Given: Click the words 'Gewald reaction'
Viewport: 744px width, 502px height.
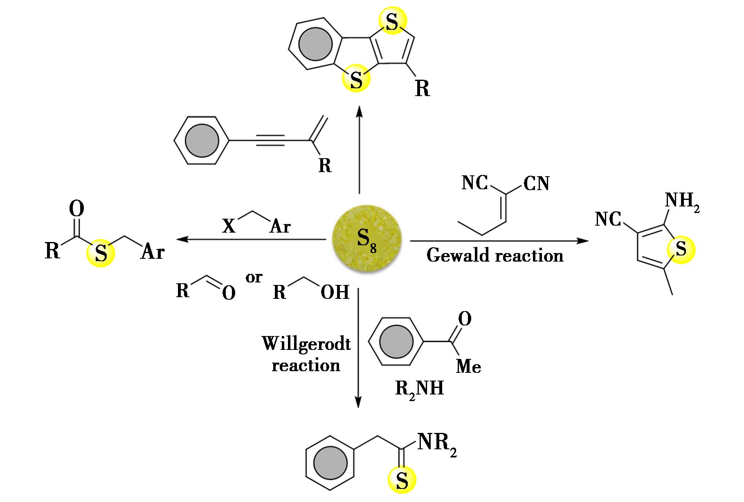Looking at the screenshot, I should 495,256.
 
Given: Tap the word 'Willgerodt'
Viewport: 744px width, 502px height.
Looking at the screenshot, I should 306,343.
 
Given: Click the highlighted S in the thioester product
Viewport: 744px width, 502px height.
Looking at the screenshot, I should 101,253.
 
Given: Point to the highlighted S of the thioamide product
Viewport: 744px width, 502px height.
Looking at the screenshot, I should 402,481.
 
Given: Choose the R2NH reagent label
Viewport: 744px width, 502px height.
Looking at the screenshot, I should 419,388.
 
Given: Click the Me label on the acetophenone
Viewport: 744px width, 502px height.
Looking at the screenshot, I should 468,366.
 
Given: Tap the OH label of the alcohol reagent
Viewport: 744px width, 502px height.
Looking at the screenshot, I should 335,292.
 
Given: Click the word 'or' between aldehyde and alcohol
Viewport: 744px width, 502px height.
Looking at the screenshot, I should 254,278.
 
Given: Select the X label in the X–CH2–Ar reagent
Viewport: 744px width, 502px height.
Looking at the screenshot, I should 229,226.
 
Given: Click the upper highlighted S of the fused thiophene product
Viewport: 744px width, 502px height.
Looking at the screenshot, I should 392,23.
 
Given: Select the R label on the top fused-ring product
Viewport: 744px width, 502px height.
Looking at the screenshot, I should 423,88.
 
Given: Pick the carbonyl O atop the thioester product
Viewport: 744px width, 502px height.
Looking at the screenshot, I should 76,209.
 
